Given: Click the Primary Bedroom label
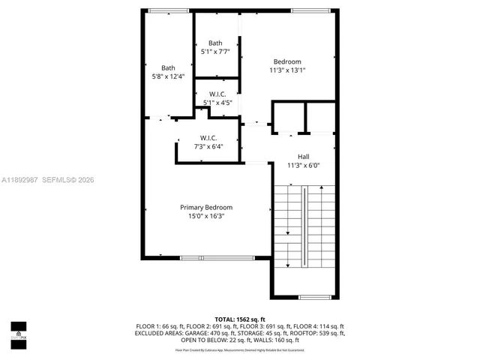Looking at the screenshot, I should click(x=206, y=207).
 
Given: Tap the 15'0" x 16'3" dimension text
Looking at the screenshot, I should click(x=206, y=216).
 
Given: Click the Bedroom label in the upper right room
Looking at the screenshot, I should click(x=287, y=61).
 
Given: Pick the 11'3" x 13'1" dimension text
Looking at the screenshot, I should click(x=287, y=70).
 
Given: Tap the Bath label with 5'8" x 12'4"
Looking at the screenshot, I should click(x=168, y=67).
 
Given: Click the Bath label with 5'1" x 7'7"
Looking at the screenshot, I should click(x=215, y=43).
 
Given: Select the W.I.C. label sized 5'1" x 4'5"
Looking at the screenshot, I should click(x=217, y=94).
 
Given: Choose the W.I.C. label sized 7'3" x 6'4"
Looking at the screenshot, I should click(x=208, y=137).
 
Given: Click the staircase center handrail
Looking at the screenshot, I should click(x=304, y=226).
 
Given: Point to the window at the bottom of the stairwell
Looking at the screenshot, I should click(x=315, y=297).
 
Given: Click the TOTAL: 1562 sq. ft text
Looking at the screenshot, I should click(x=240, y=319).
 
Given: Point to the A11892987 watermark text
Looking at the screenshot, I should click(x=20, y=180).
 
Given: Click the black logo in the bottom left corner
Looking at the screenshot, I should click(x=18, y=330).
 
